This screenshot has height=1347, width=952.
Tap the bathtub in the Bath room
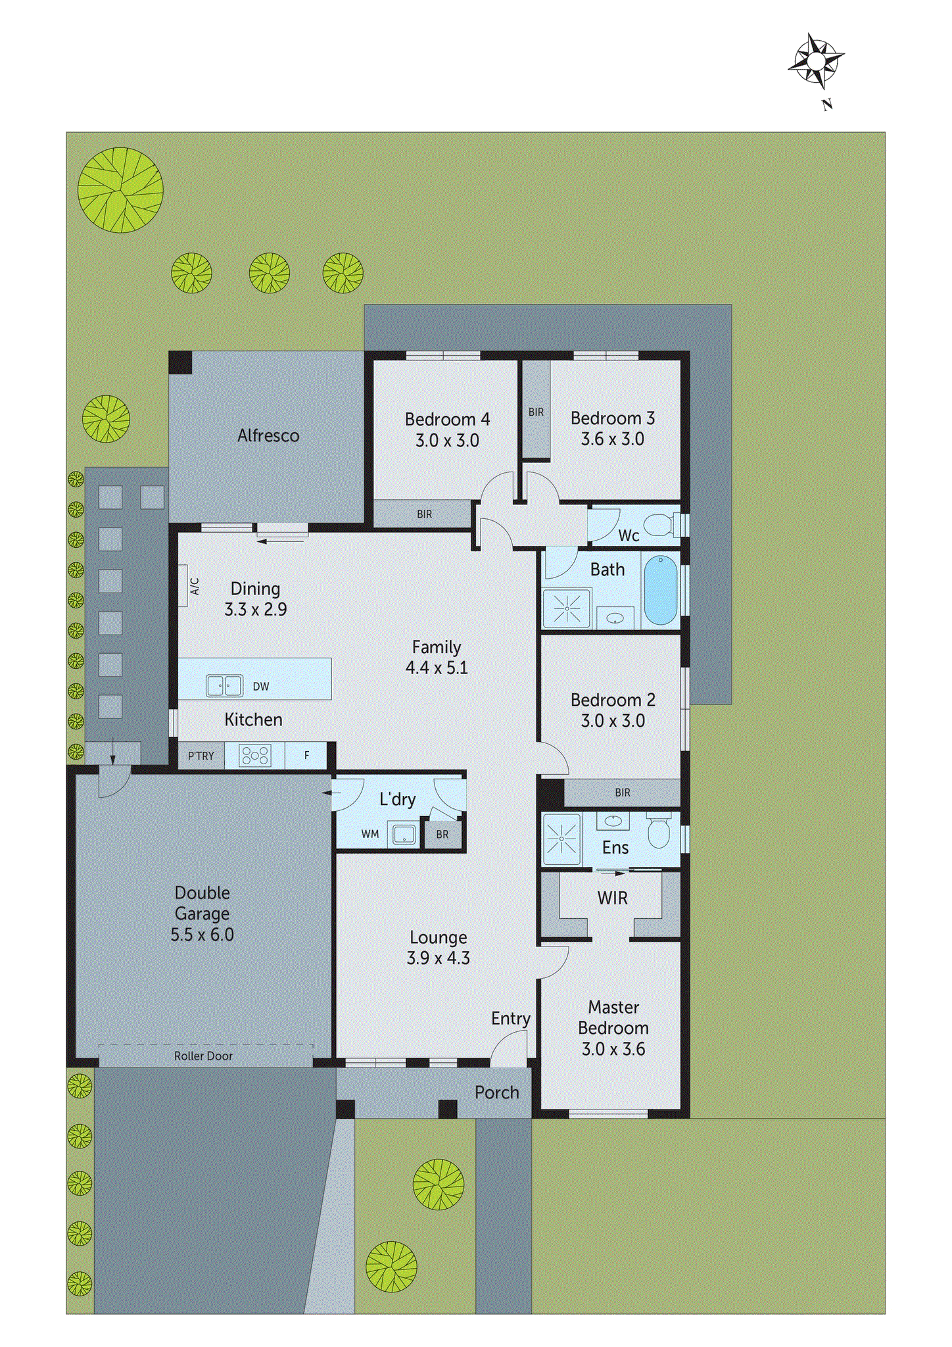tap(660, 590)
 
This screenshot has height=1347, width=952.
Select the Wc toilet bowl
tap(659, 524)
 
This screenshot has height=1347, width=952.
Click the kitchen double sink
tap(224, 685)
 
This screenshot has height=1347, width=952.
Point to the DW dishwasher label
tap(261, 686)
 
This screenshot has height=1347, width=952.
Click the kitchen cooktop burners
tap(255, 755)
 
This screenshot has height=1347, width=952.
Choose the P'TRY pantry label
tap(201, 756)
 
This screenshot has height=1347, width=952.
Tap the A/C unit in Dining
tap(183, 585)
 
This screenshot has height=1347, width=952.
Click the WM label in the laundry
tap(370, 834)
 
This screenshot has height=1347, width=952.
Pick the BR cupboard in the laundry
tap(442, 834)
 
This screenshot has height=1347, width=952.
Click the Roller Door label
tap(203, 1056)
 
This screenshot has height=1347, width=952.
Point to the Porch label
tap(497, 1092)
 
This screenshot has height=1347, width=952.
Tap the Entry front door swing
tap(510, 1048)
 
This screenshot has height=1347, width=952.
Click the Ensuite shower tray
tap(561, 839)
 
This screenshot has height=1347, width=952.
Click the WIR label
tap(612, 898)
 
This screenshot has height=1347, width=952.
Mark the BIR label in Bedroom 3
tap(536, 412)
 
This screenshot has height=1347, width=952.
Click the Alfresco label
tap(268, 435)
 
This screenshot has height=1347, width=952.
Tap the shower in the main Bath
tap(566, 608)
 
